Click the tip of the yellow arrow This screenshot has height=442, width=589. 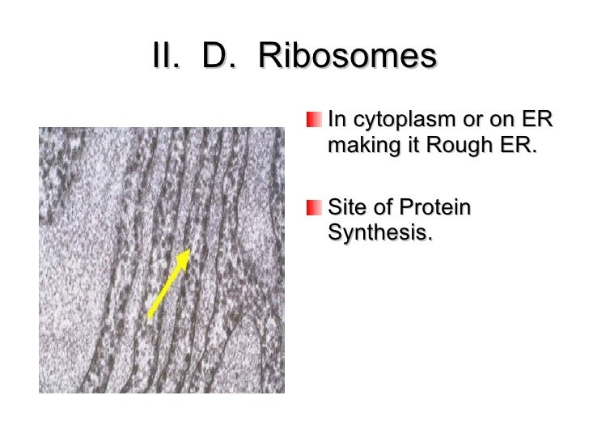point(189,252)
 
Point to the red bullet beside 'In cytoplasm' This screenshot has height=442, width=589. point(314,121)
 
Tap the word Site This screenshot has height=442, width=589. point(348,208)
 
